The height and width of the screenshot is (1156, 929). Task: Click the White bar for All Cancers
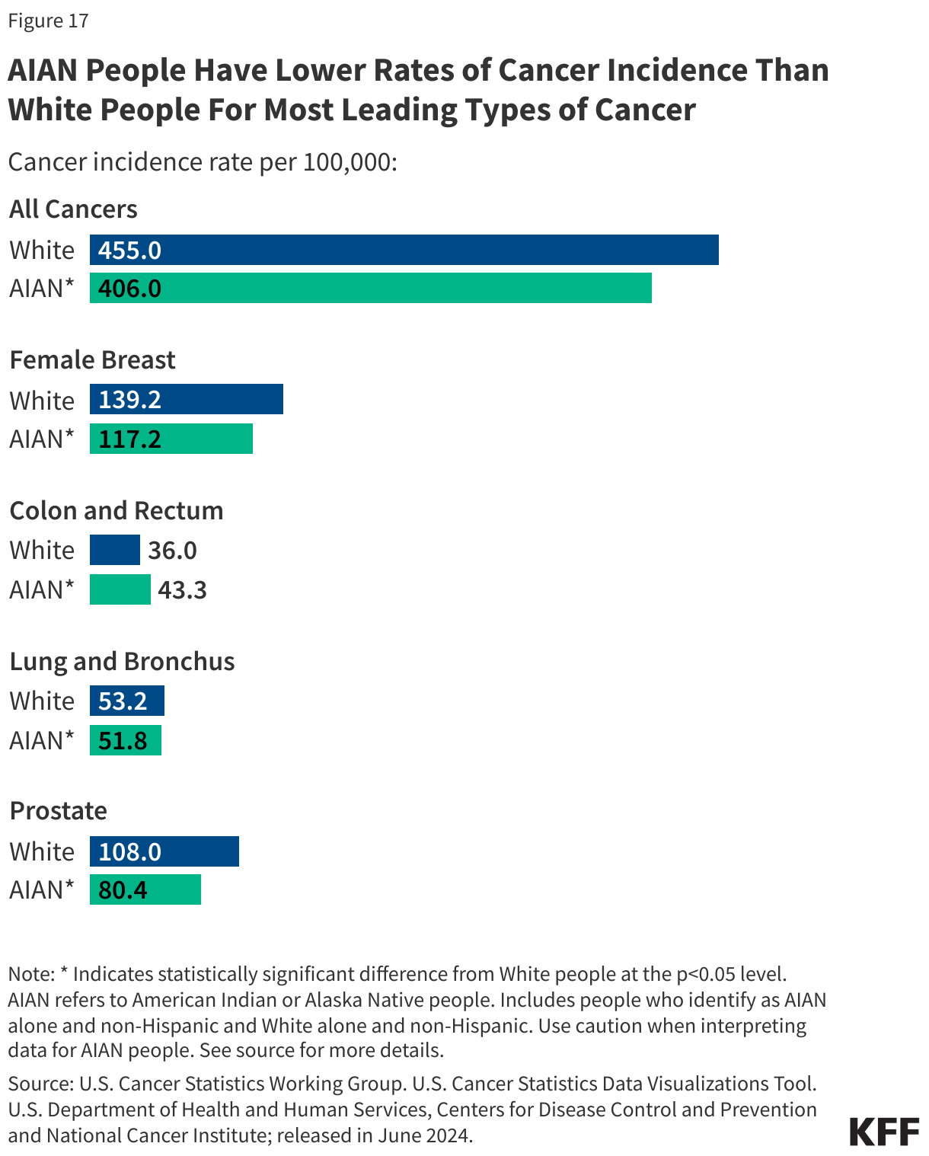[x=404, y=250]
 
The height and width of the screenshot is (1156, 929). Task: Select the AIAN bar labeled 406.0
[x=370, y=288]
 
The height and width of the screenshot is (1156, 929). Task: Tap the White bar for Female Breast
[x=187, y=399]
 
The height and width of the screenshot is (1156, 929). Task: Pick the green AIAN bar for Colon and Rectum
[x=120, y=589]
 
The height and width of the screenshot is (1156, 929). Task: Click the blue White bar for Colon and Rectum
[x=114, y=550]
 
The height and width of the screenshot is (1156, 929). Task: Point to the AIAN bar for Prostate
[x=145, y=889]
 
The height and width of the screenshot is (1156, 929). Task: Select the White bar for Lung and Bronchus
[x=126, y=701]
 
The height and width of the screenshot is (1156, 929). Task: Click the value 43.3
[x=182, y=590]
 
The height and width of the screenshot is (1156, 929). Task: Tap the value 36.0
[x=172, y=551]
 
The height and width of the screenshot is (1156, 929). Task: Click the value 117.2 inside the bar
[x=129, y=439]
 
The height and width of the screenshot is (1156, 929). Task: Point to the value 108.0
[x=129, y=851]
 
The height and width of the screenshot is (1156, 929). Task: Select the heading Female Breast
[x=92, y=359]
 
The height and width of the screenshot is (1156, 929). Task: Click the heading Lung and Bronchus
[x=122, y=661]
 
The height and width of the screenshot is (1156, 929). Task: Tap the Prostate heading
[x=58, y=810]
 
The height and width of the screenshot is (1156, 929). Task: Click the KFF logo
[x=884, y=1132]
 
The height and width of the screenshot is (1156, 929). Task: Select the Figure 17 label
[x=48, y=21]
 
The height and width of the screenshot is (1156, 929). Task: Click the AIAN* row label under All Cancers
[x=42, y=289]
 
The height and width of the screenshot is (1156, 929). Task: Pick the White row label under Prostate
[x=42, y=851]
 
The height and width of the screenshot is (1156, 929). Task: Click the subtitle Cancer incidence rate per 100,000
[x=203, y=162]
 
